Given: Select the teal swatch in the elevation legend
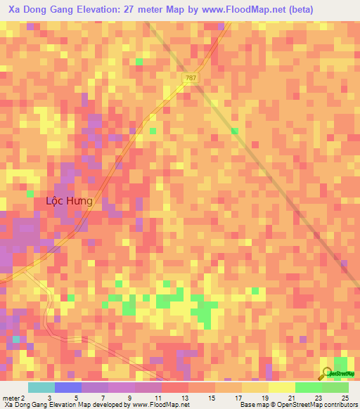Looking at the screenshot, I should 41,387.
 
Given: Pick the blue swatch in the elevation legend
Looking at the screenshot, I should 68,387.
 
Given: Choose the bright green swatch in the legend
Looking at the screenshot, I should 309,387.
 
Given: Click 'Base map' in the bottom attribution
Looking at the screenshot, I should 255,405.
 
